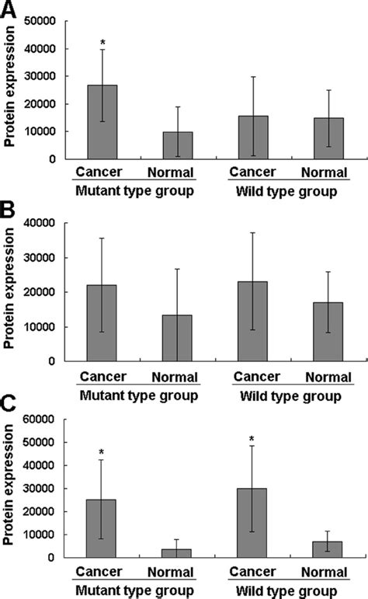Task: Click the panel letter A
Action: (9, 11)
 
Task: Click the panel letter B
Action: (9, 210)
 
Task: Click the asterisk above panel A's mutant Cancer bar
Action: (102, 43)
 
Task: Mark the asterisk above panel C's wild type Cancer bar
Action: (253, 439)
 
